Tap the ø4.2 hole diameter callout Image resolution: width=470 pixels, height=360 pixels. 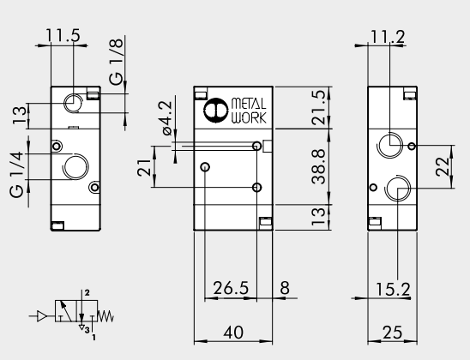[166, 117]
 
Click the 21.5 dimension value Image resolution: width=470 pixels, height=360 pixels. [294, 109]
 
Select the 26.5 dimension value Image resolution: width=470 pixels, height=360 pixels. [231, 288]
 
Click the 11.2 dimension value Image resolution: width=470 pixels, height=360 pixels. [388, 36]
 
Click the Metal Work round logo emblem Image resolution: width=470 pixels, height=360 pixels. [214, 111]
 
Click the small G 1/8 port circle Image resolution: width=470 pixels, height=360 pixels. [75, 102]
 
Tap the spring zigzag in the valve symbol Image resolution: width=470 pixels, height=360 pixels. [107, 317]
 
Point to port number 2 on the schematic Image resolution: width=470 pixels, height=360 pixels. [86, 293]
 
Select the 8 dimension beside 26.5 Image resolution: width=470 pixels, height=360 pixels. [284, 288]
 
